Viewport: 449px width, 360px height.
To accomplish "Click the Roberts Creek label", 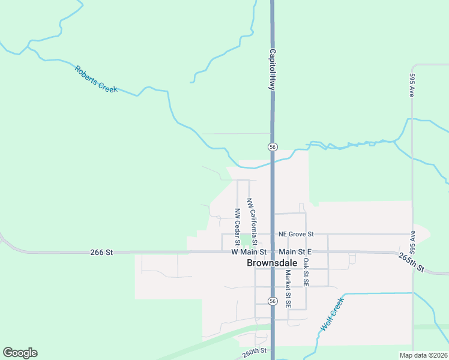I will [96, 79].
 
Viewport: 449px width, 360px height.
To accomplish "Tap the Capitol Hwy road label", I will [272, 70].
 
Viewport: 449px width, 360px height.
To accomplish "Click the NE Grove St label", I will [296, 234].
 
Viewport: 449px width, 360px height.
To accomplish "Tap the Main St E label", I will [295, 253].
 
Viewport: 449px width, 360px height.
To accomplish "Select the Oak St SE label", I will [306, 272].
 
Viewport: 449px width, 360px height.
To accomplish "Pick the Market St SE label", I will [288, 289].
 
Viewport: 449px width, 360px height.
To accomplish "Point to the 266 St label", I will [101, 253].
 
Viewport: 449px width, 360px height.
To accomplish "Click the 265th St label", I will [411, 261].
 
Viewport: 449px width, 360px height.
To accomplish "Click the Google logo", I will [20, 353].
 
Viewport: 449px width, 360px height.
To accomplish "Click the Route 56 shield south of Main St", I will [273, 301].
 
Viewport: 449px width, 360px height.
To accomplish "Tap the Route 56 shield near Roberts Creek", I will [273, 147].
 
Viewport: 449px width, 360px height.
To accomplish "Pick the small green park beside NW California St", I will [246, 241].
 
